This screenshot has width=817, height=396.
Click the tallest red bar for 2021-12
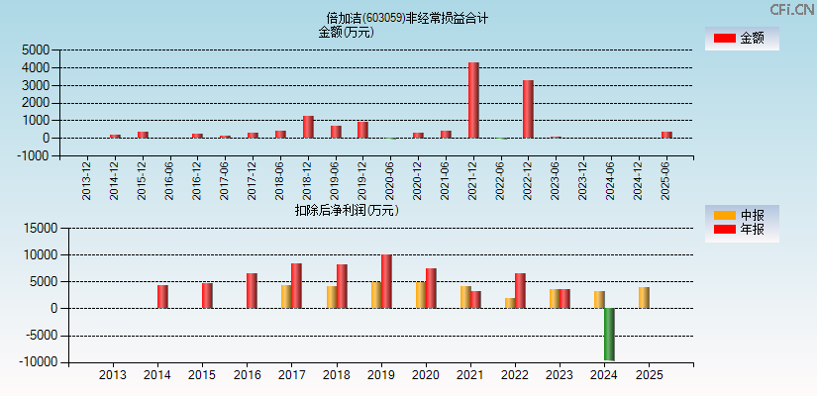coord(473,100)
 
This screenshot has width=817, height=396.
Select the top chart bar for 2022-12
coord(528,109)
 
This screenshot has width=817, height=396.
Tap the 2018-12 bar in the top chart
coord(308,127)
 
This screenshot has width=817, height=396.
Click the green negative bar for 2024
coord(609,335)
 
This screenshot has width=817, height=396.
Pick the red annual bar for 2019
coord(386,281)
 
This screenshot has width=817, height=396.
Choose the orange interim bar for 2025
coord(644,297)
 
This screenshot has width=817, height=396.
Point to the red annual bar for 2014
coord(162,296)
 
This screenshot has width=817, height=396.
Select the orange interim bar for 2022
coord(510,303)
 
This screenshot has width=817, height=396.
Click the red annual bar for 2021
coord(475,299)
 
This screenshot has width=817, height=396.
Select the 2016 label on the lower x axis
coord(247,375)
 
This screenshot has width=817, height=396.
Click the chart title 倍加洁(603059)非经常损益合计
coord(407,18)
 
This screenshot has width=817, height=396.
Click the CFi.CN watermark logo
coord(791,9)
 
